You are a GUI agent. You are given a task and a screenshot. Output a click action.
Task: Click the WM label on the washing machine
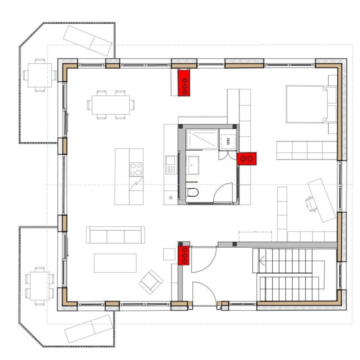228,141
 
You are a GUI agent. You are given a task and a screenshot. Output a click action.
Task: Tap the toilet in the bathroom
193,192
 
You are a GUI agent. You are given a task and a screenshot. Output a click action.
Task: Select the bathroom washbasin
192,165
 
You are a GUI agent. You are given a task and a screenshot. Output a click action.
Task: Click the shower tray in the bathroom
202,140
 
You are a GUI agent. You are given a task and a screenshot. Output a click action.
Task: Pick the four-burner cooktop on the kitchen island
136,169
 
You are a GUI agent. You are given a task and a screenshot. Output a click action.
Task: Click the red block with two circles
246,159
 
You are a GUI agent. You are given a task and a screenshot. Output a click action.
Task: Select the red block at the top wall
184,83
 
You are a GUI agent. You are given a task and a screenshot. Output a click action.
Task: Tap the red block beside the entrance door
184,255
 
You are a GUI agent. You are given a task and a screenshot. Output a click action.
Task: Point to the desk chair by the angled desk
310,204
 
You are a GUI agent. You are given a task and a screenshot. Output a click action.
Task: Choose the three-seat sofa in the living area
116,234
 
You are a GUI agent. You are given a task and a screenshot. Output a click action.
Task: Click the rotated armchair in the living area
151,282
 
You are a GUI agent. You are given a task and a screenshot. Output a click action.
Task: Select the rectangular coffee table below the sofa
115,263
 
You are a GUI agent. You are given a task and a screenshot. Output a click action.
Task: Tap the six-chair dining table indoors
111,105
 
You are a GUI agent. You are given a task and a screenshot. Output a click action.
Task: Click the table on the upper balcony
40,75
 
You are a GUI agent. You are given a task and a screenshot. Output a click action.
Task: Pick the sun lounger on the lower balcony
89,329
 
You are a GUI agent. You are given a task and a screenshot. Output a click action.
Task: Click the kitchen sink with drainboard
171,165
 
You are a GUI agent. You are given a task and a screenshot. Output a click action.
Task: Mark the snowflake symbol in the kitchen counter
171,197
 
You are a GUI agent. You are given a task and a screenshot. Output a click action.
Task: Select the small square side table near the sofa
169,254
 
